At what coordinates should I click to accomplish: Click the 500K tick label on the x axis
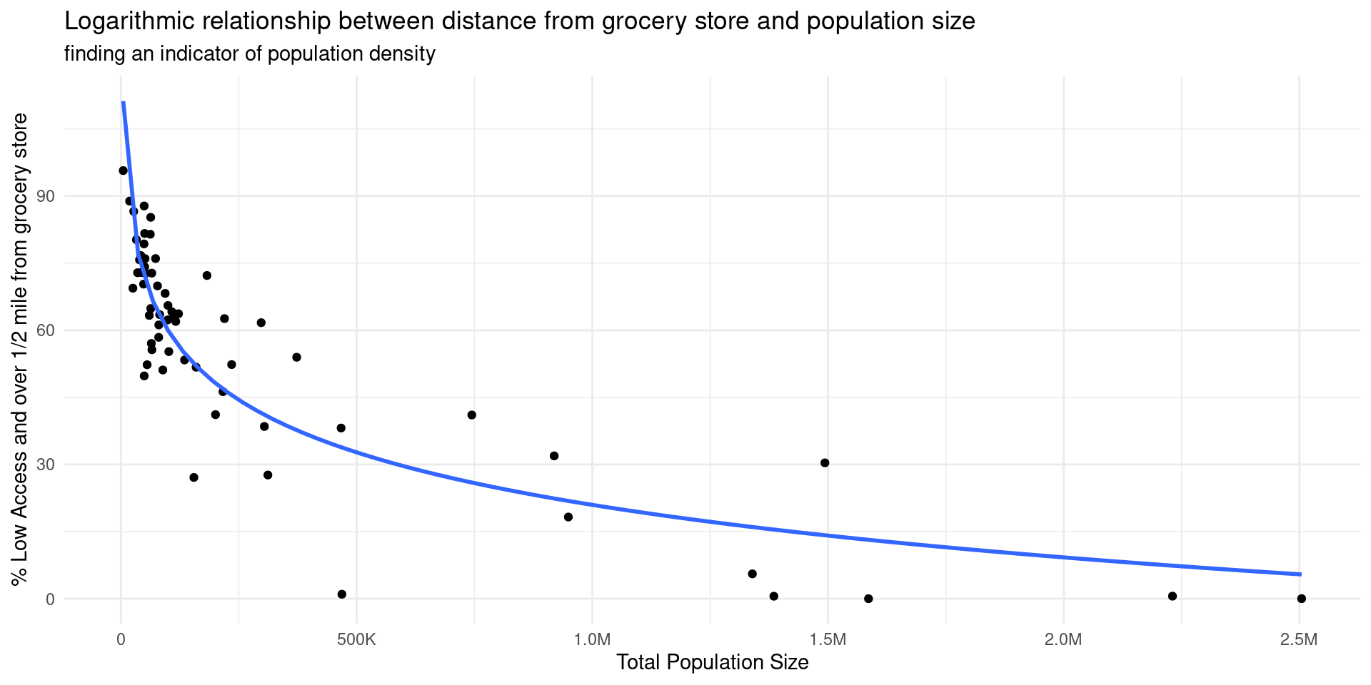click(356, 639)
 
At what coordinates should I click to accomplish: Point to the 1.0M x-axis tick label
click(592, 639)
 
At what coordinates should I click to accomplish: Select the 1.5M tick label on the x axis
click(828, 639)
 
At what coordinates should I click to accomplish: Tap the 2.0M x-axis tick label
click(1063, 639)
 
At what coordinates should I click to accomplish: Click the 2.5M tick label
click(1299, 639)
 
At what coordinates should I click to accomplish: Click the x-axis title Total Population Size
click(712, 662)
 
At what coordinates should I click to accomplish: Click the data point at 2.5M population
click(1301, 599)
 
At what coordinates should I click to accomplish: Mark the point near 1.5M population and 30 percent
click(825, 462)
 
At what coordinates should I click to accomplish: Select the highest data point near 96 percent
click(123, 171)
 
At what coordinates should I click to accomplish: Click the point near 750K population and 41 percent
click(471, 415)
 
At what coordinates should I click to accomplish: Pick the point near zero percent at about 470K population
click(341, 594)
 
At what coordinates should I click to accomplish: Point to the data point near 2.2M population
click(1172, 596)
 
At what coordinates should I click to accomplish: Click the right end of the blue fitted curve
click(1300, 574)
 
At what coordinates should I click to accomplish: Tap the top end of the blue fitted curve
click(123, 103)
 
